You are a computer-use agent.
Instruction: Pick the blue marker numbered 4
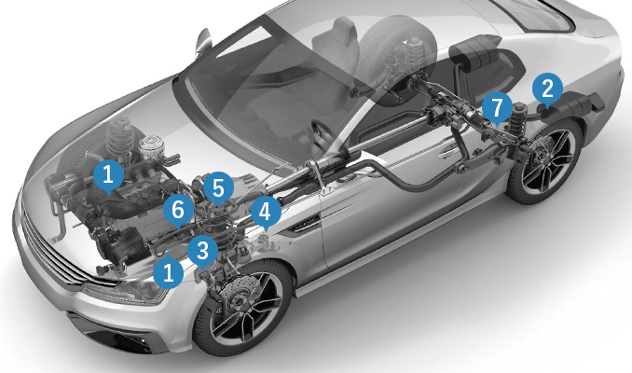point(265,212)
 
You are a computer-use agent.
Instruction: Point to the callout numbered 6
point(179,211)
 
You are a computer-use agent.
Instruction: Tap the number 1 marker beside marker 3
point(169,271)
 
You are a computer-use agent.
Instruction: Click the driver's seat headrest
point(336,33)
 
